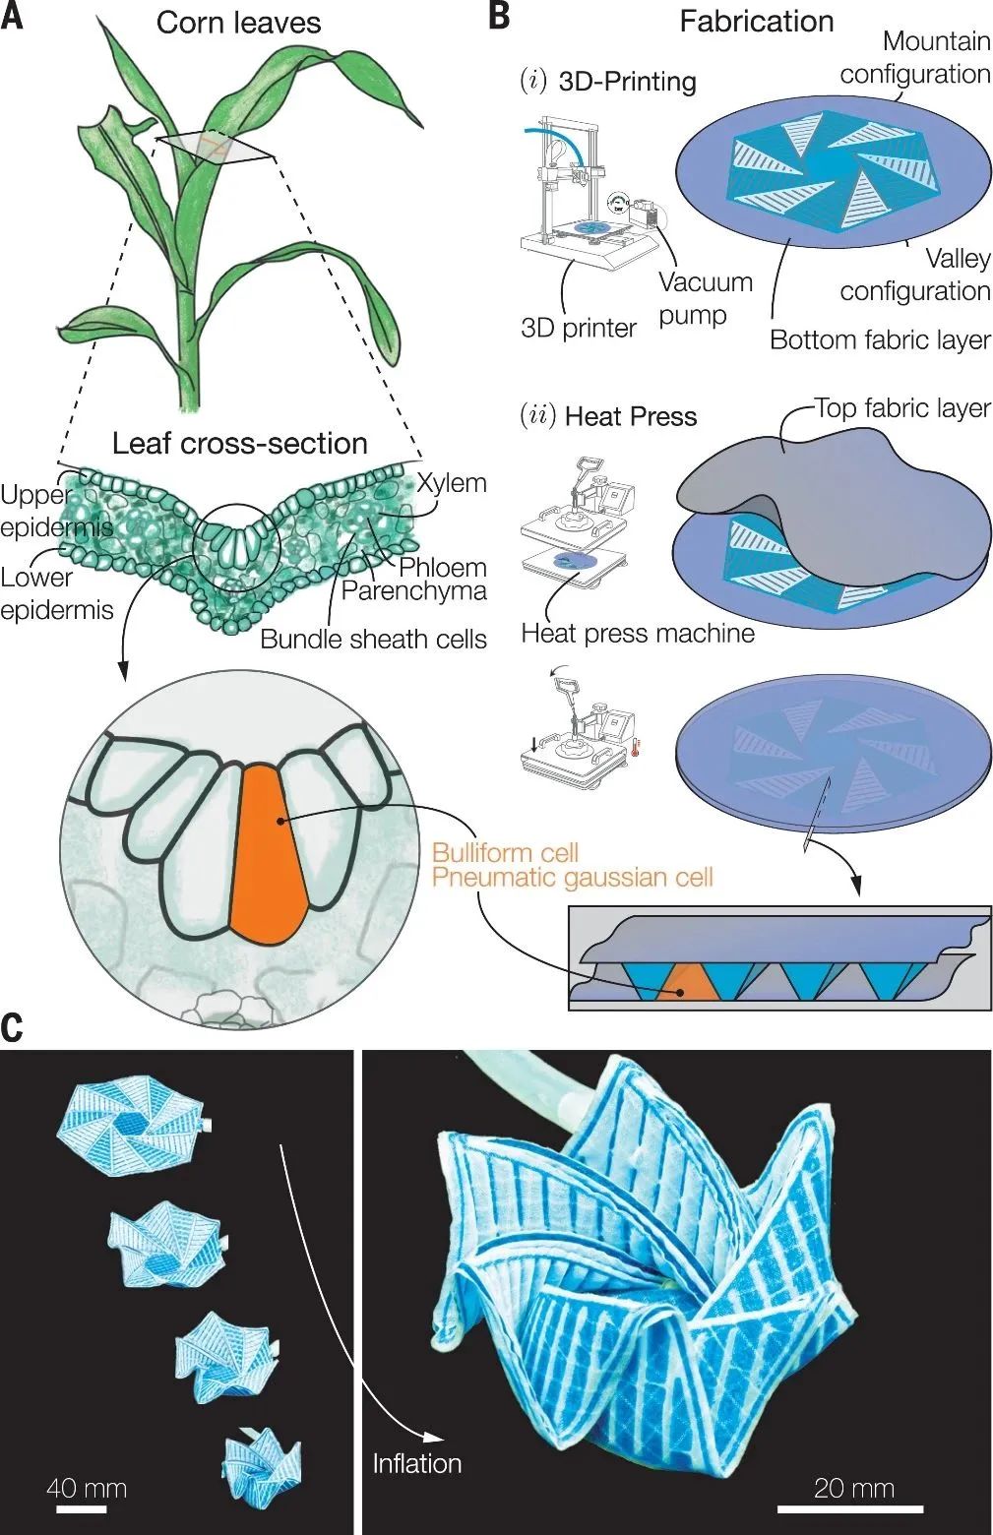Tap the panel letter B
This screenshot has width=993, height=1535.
point(499,17)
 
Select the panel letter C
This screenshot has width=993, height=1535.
point(13,1026)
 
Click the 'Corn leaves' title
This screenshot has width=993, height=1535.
point(238,23)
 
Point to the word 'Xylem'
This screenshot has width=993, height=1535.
point(451,483)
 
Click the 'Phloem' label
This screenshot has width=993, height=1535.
point(442,568)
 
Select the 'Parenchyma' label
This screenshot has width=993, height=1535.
point(413,590)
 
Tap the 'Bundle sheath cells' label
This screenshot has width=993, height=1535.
point(373,639)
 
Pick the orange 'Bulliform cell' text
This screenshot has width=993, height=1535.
point(505,852)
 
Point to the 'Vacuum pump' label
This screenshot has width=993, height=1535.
point(706,298)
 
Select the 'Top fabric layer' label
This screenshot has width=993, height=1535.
point(901,408)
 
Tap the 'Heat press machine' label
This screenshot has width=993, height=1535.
point(638,633)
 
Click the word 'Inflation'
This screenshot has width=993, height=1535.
point(416,1463)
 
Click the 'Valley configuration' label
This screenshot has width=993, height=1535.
point(915,275)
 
